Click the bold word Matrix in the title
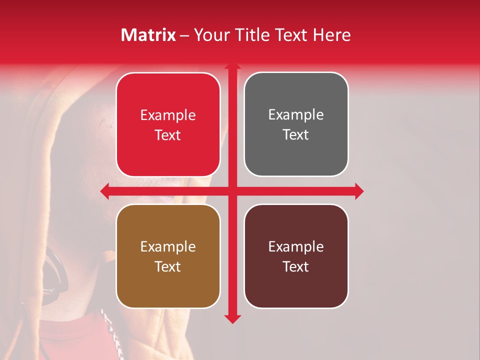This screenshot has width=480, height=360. [148, 35]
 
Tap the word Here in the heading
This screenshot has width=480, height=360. [331, 35]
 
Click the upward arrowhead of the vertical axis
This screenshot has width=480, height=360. [231, 65]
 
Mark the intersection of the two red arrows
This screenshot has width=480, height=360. [232, 191]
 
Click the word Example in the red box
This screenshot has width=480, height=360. [168, 115]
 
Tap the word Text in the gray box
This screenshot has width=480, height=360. [296, 134]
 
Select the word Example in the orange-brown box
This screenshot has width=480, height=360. [168, 246]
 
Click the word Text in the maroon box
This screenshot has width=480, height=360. [296, 266]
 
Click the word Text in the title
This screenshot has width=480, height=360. [290, 35]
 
